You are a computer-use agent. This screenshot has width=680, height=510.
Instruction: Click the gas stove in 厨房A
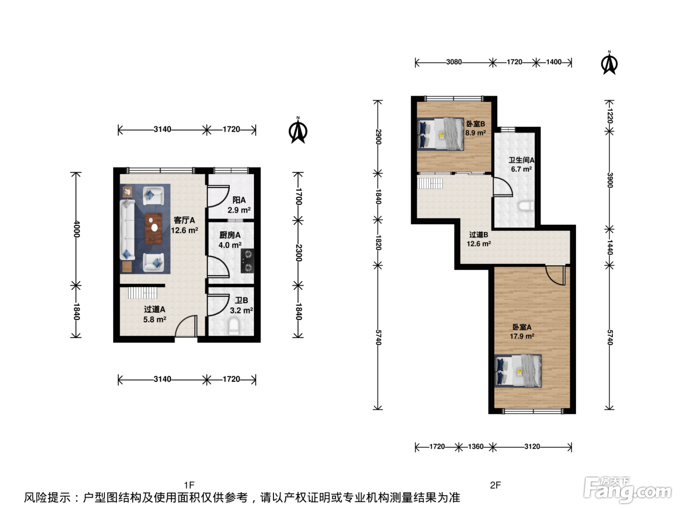248,260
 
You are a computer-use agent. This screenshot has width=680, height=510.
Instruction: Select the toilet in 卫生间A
526,206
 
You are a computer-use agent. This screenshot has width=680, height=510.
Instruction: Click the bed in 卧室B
441,134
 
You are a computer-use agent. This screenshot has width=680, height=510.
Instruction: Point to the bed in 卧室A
518,371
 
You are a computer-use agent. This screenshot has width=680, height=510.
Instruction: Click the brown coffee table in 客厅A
153,228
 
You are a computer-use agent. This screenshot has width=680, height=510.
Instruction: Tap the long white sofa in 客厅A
127,229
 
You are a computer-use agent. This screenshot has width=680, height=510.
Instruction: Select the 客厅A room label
184,220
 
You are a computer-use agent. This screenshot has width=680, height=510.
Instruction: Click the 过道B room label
478,235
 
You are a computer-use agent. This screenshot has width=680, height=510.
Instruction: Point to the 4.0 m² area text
230,245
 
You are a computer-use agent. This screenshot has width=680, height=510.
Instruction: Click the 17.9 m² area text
522,336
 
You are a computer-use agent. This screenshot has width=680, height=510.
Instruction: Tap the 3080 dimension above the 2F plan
454,62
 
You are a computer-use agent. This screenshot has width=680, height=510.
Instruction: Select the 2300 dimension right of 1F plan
298,253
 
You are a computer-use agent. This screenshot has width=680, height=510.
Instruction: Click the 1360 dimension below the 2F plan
476,446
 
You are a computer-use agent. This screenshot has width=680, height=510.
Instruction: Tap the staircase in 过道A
142,292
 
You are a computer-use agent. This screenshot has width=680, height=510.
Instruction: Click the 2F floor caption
495,485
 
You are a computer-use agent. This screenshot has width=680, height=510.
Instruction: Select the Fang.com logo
628,490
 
